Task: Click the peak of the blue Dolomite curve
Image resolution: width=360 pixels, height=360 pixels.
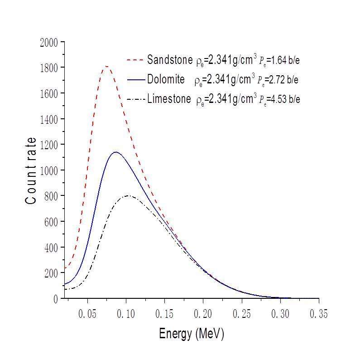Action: (116, 152)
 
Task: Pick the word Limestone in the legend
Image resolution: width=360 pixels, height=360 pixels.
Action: (169, 99)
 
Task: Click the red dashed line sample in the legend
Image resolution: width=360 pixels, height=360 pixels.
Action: (135, 59)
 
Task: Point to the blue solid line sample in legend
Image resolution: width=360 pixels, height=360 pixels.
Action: (135, 79)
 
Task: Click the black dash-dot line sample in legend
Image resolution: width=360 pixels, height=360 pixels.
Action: (135, 99)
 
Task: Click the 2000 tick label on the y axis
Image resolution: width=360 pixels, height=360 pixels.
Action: (49, 42)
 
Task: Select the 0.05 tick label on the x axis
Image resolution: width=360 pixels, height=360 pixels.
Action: (87, 314)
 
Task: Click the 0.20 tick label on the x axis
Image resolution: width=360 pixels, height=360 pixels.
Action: (203, 314)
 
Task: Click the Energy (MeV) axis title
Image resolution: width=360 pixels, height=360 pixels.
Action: (192, 334)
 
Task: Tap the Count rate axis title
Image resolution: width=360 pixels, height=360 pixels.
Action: (31, 170)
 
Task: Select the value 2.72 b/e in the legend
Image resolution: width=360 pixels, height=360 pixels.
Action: (284, 80)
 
